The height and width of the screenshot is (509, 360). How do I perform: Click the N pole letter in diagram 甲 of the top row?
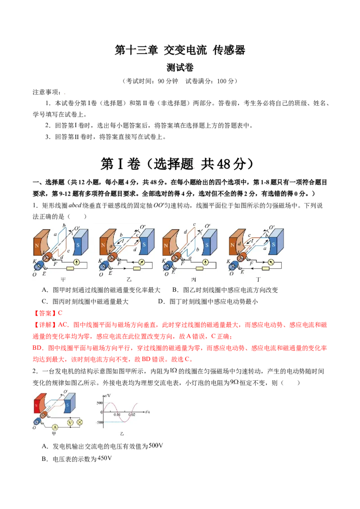[x=37, y=246]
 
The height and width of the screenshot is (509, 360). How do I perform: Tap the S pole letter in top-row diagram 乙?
[x=144, y=245]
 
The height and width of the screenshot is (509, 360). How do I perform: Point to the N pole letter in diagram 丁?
[x=233, y=246]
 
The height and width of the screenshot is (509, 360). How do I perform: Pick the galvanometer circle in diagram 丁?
[x=271, y=261]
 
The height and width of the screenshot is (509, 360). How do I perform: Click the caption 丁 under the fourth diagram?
[x=258, y=280]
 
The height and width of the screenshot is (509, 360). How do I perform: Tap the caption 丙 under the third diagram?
[x=194, y=280]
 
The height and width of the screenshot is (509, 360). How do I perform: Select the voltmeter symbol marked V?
[x=70, y=422]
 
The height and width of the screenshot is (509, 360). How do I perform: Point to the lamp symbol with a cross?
[x=80, y=422]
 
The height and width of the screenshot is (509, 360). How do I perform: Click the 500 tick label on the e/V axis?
[x=99, y=403]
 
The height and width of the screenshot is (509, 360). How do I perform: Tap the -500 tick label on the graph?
[x=99, y=423]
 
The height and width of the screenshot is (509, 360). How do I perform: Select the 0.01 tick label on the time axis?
[x=117, y=415]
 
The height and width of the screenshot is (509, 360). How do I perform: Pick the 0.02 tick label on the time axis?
[x=131, y=415]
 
